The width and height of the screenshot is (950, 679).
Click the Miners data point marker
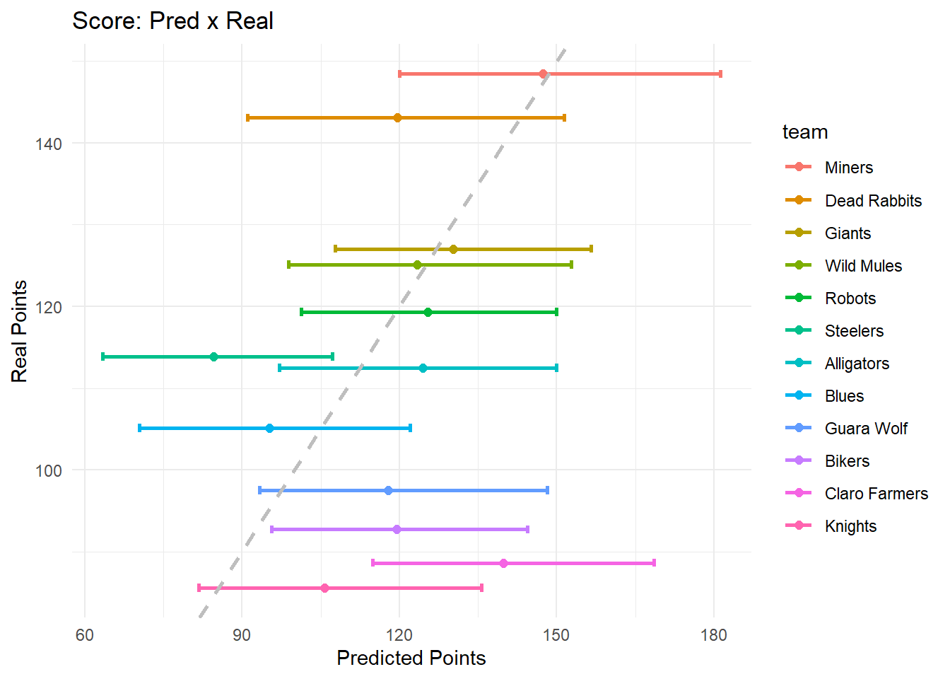click(543, 74)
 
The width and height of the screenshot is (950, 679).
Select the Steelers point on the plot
click(213, 356)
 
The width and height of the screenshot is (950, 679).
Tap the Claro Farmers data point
click(503, 563)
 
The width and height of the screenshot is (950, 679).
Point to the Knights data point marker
click(324, 588)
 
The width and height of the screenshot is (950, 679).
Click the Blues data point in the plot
click(269, 428)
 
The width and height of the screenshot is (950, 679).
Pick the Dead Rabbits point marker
click(397, 117)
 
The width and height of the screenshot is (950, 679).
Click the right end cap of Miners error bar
click(720, 74)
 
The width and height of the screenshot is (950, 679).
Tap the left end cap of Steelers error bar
click(103, 356)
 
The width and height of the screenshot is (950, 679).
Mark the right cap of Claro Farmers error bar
click(654, 563)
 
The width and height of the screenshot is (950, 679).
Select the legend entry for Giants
click(848, 233)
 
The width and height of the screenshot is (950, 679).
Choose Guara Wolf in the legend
click(866, 429)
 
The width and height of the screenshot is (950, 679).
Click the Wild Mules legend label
click(863, 266)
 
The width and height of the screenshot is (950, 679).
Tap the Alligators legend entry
click(857, 364)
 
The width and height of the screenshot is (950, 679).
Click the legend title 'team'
click(804, 132)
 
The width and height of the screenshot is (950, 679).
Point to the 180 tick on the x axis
click(713, 635)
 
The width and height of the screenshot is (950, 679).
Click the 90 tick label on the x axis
click(242, 635)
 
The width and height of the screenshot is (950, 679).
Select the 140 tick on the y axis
click(48, 144)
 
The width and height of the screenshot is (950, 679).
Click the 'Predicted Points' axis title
click(411, 658)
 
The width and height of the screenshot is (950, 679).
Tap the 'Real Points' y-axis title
click(20, 331)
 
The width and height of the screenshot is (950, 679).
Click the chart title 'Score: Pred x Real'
click(172, 21)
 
